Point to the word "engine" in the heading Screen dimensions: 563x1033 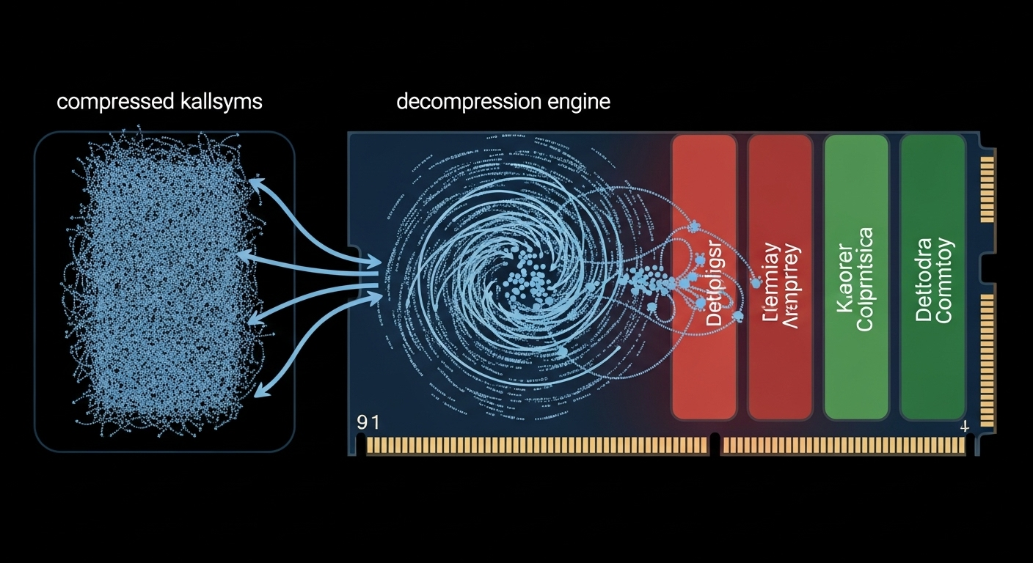point(579,102)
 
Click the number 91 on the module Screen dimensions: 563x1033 point(367,423)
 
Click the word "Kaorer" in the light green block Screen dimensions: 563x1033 point(844,279)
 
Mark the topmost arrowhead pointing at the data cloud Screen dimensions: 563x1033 point(255,182)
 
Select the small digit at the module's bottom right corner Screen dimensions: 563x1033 point(964,425)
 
